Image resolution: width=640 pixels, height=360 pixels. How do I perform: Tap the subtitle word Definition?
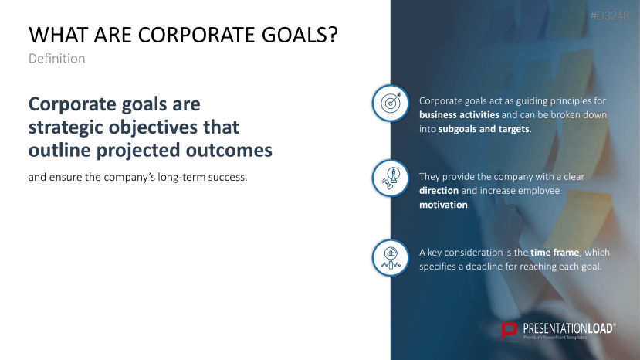click(x=56, y=59)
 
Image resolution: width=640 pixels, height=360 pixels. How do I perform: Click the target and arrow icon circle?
click(x=391, y=103)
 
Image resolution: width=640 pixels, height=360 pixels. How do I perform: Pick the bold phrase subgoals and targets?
click(x=484, y=129)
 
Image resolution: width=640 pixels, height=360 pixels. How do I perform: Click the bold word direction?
click(x=439, y=190)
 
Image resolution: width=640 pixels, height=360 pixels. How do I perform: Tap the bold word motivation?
click(x=443, y=205)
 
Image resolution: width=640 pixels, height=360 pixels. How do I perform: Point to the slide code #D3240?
click(x=615, y=15)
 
